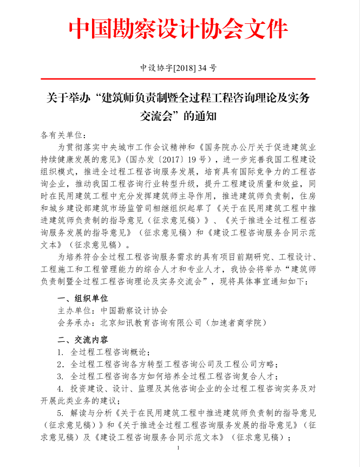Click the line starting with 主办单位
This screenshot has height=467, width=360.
pyautogui.click(x=113, y=310)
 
